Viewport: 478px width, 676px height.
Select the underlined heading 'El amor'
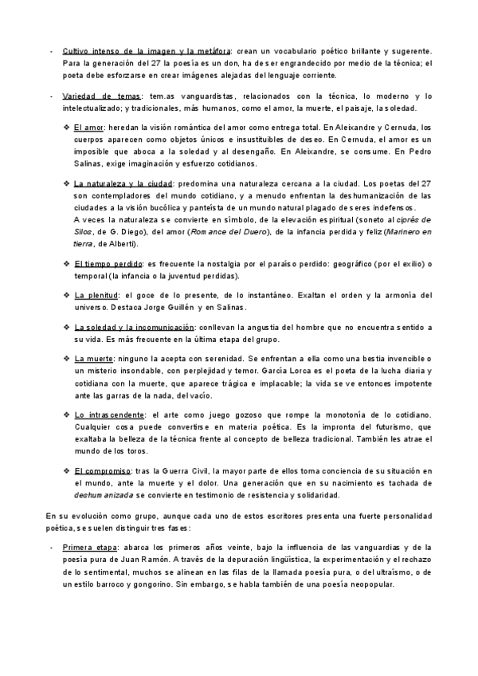(89, 128)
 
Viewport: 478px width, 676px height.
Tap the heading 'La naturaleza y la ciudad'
(125, 183)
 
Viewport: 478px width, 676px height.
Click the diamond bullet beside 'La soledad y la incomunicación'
(66, 327)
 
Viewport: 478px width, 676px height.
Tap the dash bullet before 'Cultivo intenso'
(50, 51)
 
